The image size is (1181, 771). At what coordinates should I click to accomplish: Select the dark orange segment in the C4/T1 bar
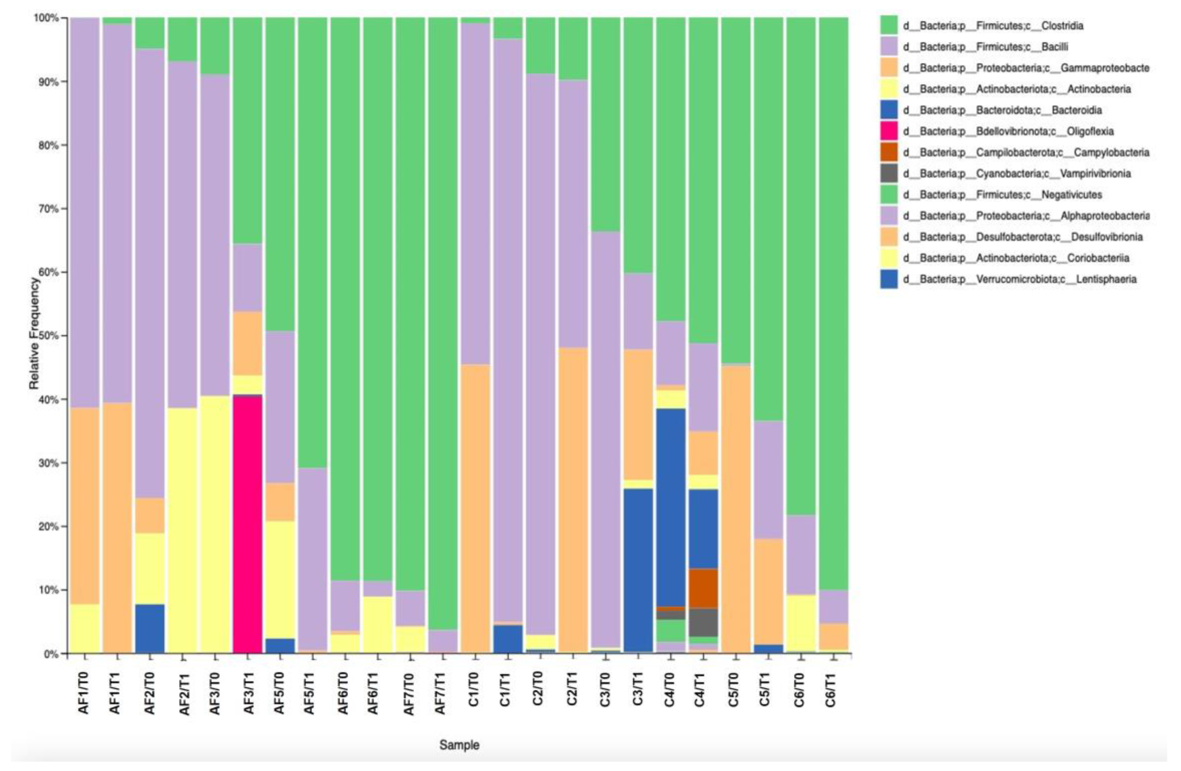(703, 588)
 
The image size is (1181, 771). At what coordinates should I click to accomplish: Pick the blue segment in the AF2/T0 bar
(150, 628)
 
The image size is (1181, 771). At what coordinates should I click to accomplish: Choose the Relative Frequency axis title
(34, 334)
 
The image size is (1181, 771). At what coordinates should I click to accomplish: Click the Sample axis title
(459, 745)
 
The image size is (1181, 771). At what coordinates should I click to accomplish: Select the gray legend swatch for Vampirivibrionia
(889, 174)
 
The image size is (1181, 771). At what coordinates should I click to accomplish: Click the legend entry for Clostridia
(992, 25)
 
